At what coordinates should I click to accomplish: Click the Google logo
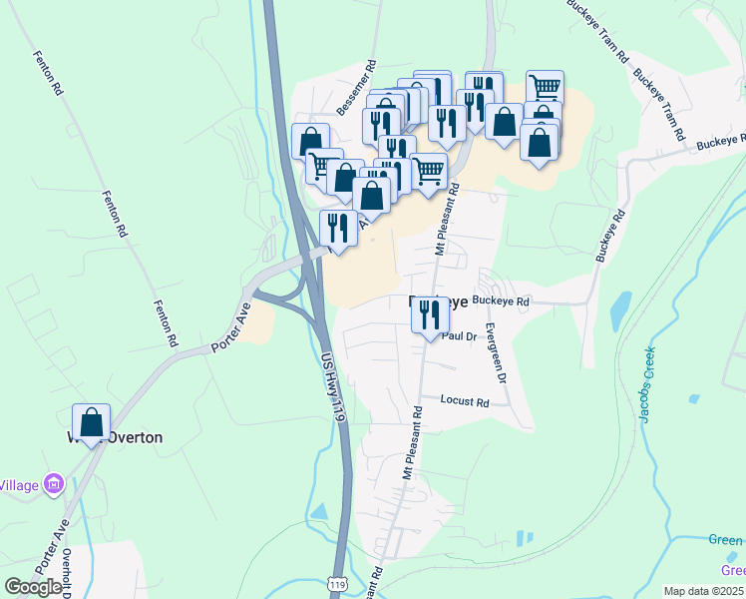pos(33,587)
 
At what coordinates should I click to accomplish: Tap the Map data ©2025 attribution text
pos(702,591)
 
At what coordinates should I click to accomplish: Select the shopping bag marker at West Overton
pos(91,423)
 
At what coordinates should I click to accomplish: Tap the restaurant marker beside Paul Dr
pos(429,315)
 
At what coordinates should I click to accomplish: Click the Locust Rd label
pos(465,401)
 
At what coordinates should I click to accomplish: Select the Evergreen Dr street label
pos(496,352)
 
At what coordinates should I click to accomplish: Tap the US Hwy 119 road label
pos(333,389)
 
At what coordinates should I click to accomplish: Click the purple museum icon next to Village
pos(54,486)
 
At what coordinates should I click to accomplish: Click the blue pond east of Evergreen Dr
pos(620,308)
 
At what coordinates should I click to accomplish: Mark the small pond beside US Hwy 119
pos(319,513)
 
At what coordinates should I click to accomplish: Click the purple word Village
pos(18,486)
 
